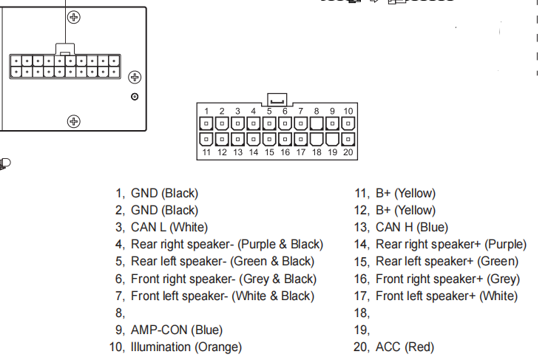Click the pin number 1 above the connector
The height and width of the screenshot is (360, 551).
click(x=206, y=111)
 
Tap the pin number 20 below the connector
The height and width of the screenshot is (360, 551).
click(x=348, y=152)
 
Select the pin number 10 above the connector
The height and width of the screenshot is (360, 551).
click(x=348, y=111)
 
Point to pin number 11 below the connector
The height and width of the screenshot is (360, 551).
click(x=206, y=152)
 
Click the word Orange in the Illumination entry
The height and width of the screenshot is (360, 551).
click(x=217, y=347)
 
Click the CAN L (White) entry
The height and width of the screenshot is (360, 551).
click(x=169, y=228)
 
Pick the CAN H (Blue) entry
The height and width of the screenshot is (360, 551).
click(x=412, y=228)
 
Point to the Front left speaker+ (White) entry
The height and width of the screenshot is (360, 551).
click(x=447, y=296)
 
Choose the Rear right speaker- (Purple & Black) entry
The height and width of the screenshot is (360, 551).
click(x=227, y=245)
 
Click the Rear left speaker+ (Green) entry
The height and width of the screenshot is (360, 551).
click(x=447, y=262)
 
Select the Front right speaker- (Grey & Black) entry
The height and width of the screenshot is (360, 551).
click(x=223, y=279)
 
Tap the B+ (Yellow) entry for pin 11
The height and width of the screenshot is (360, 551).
click(x=405, y=194)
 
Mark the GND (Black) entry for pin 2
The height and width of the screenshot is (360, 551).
click(x=164, y=211)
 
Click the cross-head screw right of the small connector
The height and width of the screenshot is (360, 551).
click(x=135, y=77)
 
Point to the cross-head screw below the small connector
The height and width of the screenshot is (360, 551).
click(x=73, y=121)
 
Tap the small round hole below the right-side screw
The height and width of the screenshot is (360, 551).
click(x=135, y=97)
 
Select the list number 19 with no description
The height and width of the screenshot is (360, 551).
click(x=362, y=330)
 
